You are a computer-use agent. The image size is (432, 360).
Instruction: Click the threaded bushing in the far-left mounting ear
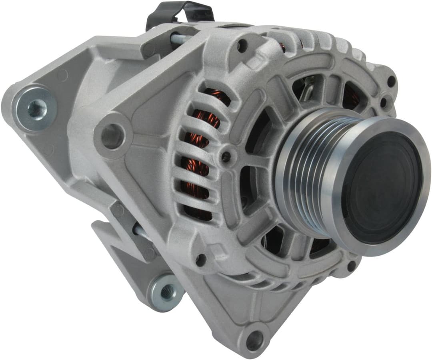[x=37, y=109]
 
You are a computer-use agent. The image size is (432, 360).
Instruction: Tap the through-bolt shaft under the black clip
[x=182, y=39]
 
